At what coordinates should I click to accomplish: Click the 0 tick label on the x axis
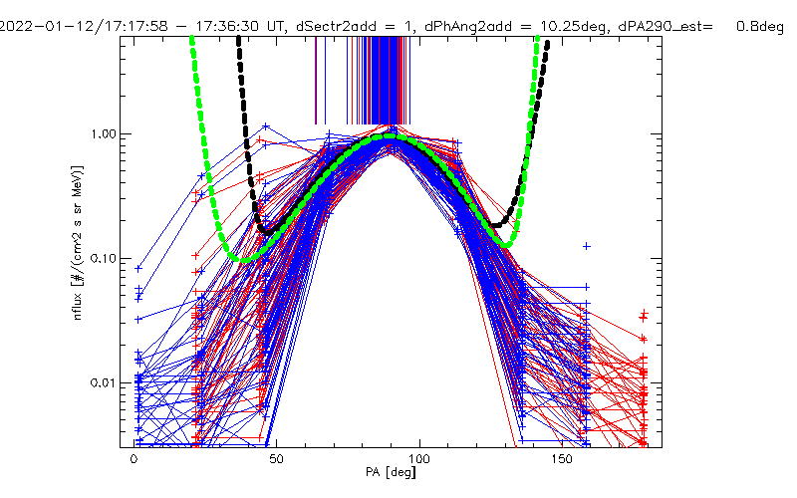(x=133, y=462)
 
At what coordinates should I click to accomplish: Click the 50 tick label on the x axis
(x=277, y=462)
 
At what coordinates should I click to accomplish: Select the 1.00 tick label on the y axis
(x=103, y=133)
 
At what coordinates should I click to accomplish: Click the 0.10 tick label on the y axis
(x=103, y=258)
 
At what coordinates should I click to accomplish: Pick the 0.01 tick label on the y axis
(x=103, y=383)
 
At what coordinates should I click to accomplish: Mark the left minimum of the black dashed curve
(x=265, y=230)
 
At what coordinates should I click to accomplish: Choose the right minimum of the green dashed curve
(x=506, y=245)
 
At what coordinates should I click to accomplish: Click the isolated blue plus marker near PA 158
(x=587, y=245)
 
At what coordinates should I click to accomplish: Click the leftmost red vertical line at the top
(x=316, y=80)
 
